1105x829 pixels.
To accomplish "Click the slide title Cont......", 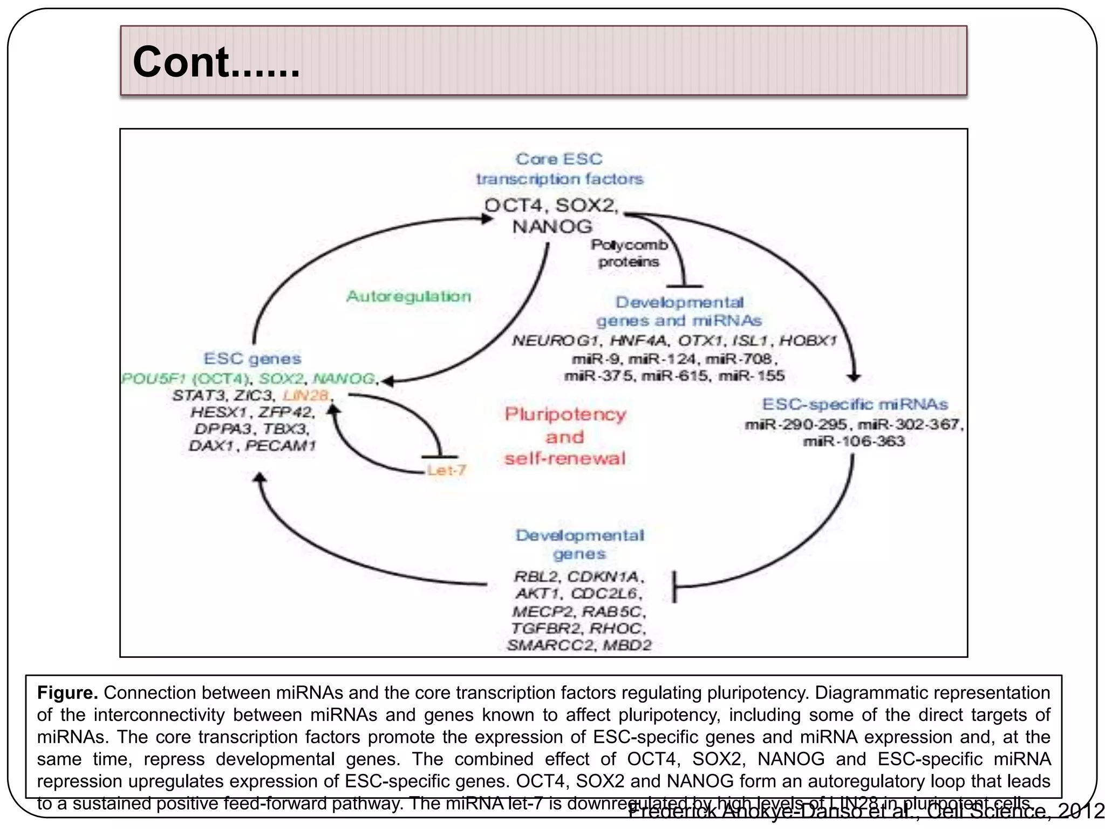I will click(216, 62).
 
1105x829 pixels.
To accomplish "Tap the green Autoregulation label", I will click(408, 296).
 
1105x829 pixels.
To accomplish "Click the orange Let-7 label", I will click(446, 471).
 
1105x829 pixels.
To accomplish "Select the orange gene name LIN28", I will click(306, 395).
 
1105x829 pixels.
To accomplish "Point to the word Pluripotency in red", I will click(565, 414).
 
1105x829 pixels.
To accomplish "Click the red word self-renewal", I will click(565, 459).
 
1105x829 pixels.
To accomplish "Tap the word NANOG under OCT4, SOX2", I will click(552, 227).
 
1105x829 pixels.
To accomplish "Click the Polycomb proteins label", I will click(629, 253).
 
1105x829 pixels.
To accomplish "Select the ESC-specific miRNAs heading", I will click(855, 404).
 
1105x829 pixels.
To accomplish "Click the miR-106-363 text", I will click(854, 441).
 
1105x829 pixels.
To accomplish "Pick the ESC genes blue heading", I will click(252, 358).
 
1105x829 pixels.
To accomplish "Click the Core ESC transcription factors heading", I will click(560, 169).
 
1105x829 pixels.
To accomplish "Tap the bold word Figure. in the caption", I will click(67, 692).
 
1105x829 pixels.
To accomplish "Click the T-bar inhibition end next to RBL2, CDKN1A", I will click(674, 586).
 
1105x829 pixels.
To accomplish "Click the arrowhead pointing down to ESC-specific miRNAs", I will click(854, 377).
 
